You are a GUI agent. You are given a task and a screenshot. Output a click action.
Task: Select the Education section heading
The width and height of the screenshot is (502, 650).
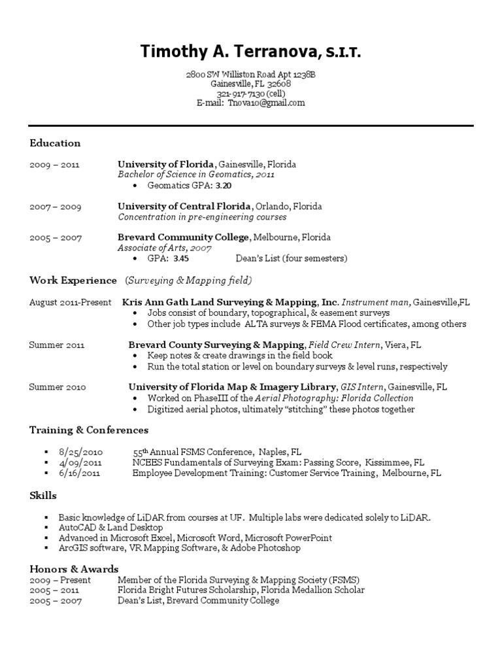(x=55, y=143)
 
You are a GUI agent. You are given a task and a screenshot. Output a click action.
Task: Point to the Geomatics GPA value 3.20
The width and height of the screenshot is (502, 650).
(x=224, y=185)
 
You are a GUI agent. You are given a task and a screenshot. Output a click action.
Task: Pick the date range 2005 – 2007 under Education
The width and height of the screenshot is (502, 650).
(x=56, y=238)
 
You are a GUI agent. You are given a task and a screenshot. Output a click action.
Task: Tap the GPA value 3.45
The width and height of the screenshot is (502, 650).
(x=181, y=258)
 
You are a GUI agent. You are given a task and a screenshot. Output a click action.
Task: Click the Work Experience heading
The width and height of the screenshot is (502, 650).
(x=73, y=281)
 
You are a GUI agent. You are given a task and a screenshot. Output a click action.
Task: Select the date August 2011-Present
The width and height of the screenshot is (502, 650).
(x=70, y=303)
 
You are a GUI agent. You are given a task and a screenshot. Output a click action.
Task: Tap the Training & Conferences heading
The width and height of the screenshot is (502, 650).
(x=89, y=430)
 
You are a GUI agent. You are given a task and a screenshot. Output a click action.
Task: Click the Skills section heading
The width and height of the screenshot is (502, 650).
(x=43, y=495)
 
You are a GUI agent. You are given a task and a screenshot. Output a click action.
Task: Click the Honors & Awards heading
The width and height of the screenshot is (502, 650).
(x=74, y=569)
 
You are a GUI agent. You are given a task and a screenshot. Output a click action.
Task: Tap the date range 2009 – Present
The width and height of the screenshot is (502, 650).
(x=60, y=580)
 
